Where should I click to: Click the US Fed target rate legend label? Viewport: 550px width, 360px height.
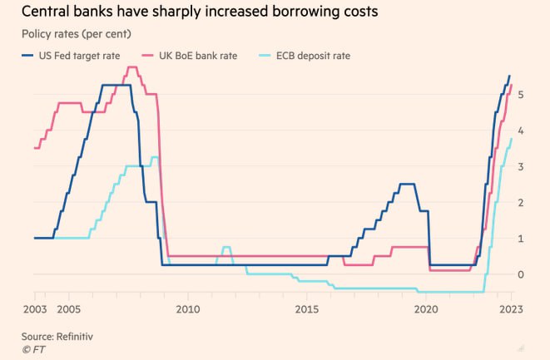coord(81,56)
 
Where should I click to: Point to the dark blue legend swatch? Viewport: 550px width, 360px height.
coord(27,56)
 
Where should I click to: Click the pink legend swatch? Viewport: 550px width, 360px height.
coord(146,56)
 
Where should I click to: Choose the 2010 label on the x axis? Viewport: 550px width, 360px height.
coord(188,308)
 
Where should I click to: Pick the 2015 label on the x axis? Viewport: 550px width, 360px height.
coord(307,308)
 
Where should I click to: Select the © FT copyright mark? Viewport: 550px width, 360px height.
coord(34,349)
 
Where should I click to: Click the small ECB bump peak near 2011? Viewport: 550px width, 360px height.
coord(226,248)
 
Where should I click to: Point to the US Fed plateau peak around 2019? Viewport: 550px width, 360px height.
coord(407,185)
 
